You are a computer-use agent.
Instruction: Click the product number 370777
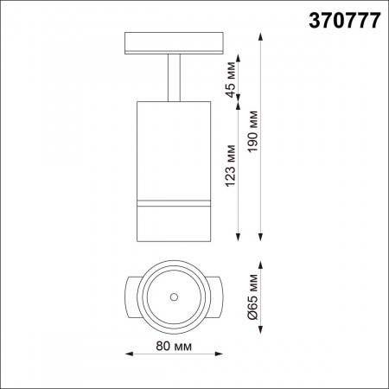pyautogui.click(x=343, y=22)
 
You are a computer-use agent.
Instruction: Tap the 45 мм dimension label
pyautogui.click(x=230, y=80)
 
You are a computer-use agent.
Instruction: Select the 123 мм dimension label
pyautogui.click(x=230, y=168)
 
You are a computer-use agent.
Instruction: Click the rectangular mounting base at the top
pyautogui.click(x=174, y=43)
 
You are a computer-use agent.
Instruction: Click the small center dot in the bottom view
pyautogui.click(x=174, y=297)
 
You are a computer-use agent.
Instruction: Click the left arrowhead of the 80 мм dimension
pyautogui.click(x=130, y=354)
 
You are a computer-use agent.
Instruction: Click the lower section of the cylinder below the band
pyautogui.click(x=174, y=223)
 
